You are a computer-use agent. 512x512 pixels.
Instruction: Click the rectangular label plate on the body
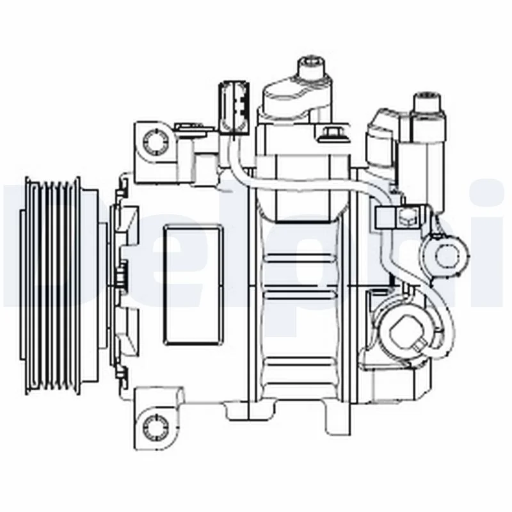click(193, 284)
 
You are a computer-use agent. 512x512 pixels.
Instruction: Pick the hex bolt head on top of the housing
click(331, 134)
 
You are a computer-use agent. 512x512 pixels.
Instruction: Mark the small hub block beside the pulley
click(121, 276)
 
